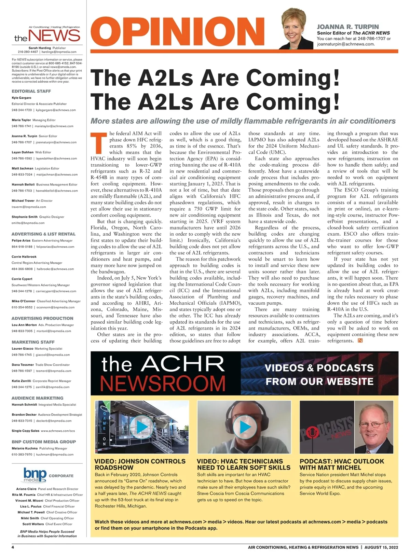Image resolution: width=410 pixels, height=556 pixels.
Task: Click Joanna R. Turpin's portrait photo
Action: click(296, 30)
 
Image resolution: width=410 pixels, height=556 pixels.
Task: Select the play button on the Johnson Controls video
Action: click(142, 427)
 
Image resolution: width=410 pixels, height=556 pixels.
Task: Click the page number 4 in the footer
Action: click(13, 547)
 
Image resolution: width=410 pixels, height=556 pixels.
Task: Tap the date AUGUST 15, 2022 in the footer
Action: click(381, 547)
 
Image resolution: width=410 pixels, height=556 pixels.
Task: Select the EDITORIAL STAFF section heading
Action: click(31, 91)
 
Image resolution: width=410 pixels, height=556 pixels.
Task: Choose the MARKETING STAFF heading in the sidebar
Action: click(33, 342)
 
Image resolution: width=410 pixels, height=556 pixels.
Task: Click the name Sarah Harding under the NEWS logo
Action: click(40, 48)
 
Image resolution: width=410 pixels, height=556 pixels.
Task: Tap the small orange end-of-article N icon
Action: click(360, 340)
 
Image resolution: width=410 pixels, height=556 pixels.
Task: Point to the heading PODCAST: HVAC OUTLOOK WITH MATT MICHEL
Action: click(342, 464)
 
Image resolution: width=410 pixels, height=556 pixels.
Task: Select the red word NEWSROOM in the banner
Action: click(163, 383)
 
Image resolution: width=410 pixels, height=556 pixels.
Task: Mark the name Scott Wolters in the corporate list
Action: click(33, 524)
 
